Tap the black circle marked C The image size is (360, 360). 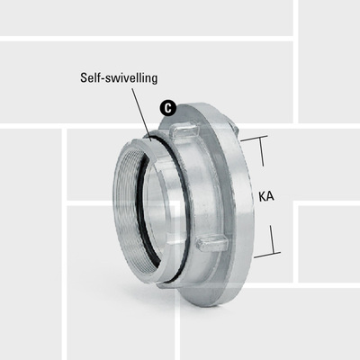click(166, 107)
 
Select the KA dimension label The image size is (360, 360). click(265, 193)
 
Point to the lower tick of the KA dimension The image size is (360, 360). click(262, 256)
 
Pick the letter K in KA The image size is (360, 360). click(262, 193)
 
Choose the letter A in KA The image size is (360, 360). click(270, 193)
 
